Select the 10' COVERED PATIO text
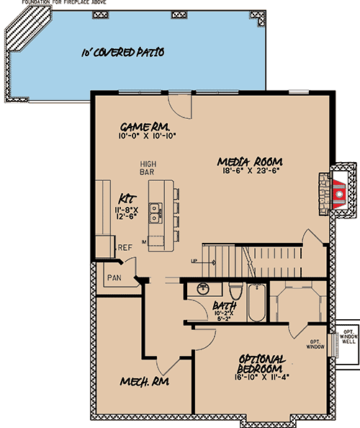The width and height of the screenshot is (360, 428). [x=122, y=52]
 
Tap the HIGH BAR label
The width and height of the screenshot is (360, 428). [x=148, y=169]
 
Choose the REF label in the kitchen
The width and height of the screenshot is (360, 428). [x=125, y=247]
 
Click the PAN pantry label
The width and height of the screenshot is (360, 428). [x=114, y=277]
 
